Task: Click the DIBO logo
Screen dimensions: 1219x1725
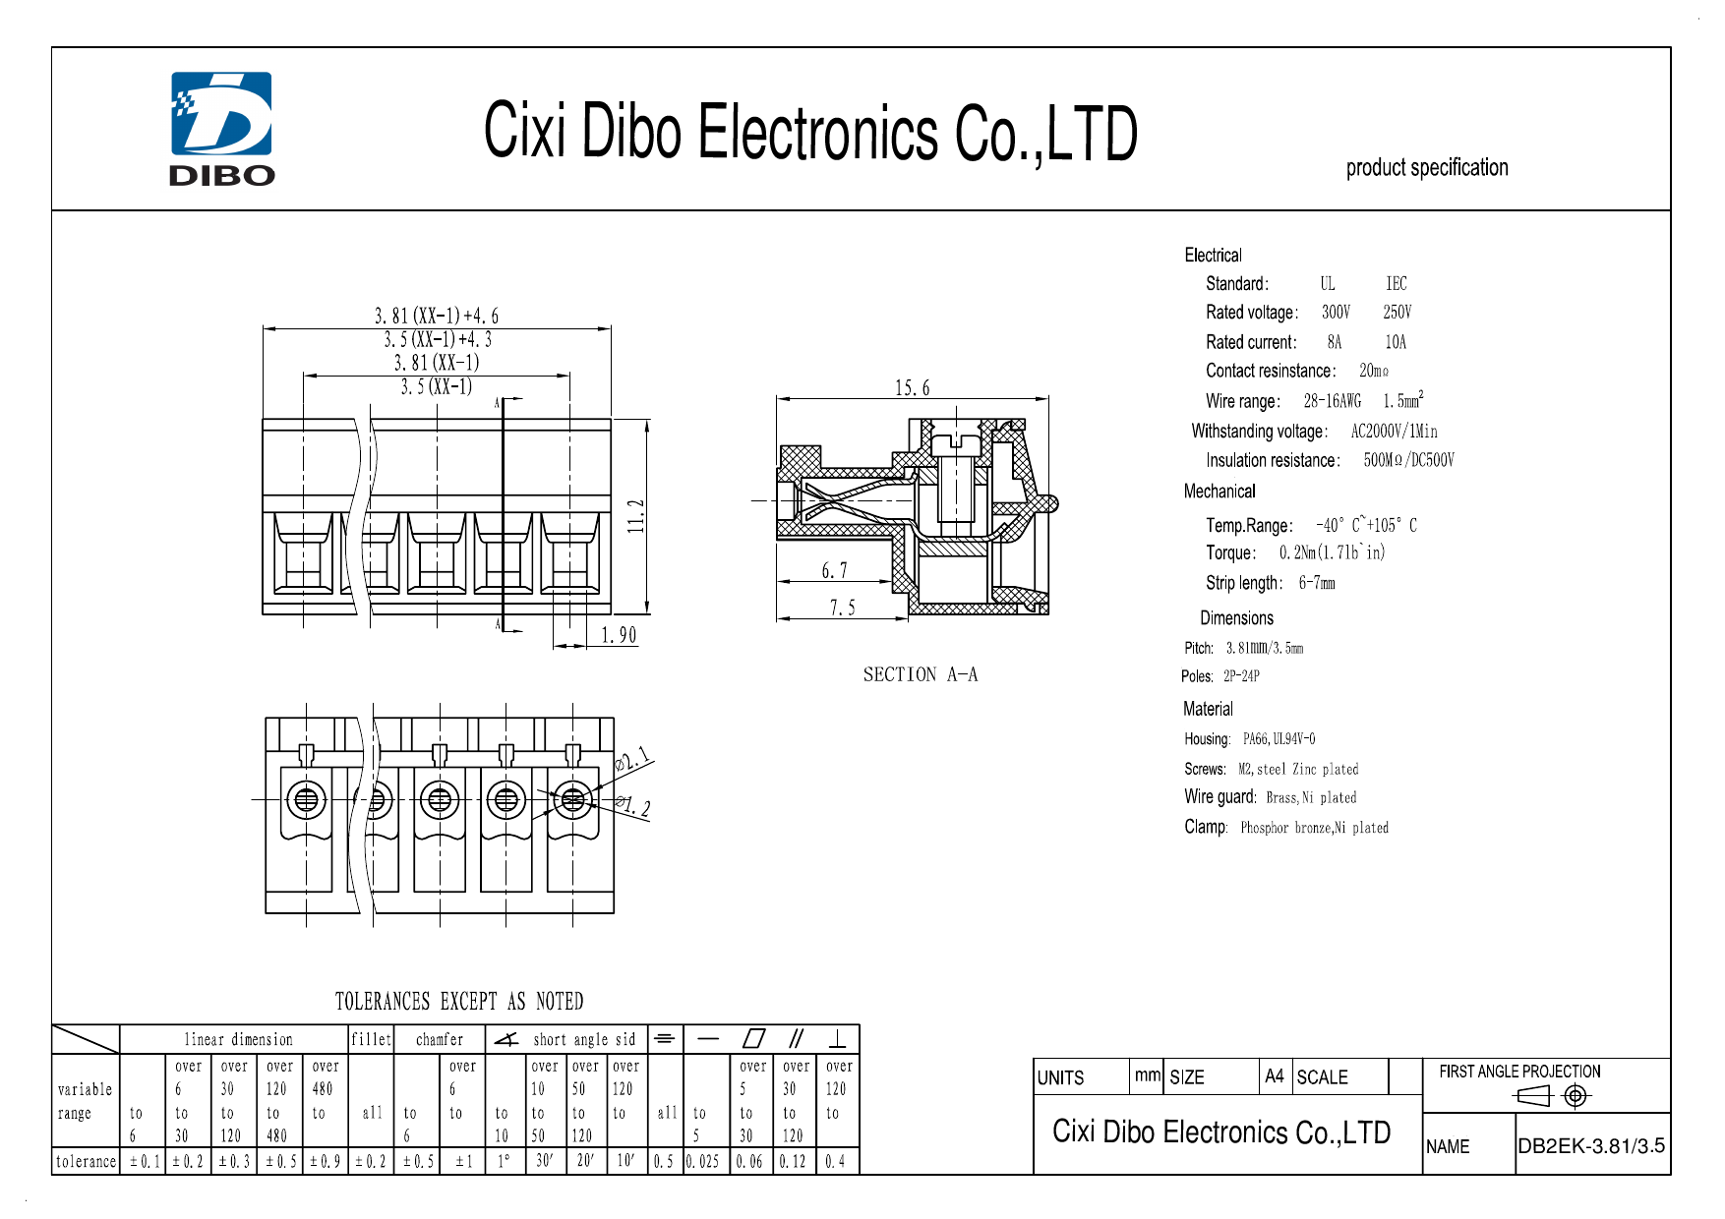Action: [222, 129]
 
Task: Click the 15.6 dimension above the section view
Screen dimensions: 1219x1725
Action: [912, 388]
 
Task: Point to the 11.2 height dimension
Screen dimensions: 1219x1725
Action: [636, 516]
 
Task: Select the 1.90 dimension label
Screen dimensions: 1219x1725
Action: [619, 635]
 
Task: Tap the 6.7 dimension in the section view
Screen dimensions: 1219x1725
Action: [834, 571]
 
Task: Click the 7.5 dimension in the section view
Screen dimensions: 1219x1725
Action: [842, 609]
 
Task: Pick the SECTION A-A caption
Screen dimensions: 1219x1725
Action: [920, 674]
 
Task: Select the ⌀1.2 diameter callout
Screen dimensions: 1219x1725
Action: [632, 807]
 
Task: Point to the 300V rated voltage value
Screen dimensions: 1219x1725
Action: [1336, 313]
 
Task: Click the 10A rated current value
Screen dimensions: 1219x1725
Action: [1396, 342]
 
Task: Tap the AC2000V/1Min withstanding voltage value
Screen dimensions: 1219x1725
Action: [1394, 432]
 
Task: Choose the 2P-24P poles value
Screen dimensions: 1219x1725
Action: [1241, 676]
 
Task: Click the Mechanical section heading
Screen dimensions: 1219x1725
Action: [1219, 492]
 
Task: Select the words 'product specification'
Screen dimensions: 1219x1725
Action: [1426, 168]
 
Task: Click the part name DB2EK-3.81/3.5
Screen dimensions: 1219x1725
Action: [1591, 1146]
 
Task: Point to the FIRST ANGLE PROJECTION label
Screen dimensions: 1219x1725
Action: [1519, 1072]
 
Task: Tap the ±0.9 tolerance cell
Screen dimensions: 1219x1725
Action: [325, 1162]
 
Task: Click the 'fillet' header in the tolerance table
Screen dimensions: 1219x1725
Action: [371, 1039]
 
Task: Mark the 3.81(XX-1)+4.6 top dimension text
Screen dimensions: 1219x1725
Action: [436, 316]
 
